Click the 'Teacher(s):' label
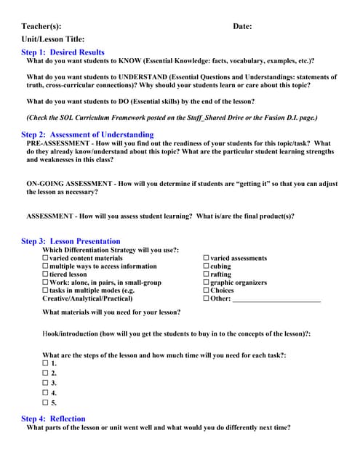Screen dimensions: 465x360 pyautogui.click(x=41, y=27)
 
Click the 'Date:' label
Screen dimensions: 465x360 pyautogui.click(x=242, y=27)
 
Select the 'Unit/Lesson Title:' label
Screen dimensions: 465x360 pyautogui.click(x=53, y=39)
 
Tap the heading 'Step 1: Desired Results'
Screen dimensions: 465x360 pyautogui.click(x=63, y=52)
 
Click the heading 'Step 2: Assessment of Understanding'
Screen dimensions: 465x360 pyautogui.click(x=87, y=134)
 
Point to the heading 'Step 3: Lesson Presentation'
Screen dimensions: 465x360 pyautogui.click(x=71, y=241)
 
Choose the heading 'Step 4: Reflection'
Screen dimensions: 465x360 pyautogui.click(x=53, y=418)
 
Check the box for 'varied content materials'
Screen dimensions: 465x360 pyautogui.click(x=46, y=258)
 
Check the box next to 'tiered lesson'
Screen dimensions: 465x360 pyautogui.click(x=46, y=275)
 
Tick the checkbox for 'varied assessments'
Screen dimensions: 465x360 pyautogui.click(x=207, y=258)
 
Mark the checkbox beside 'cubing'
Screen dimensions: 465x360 pyautogui.click(x=207, y=267)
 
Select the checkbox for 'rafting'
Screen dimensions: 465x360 pyautogui.click(x=207, y=275)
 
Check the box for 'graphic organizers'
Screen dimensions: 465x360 pyautogui.click(x=207, y=283)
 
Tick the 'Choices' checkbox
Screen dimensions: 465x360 pyautogui.click(x=207, y=291)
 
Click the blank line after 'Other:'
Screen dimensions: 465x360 pyautogui.click(x=276, y=299)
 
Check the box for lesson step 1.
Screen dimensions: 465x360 pyautogui.click(x=46, y=363)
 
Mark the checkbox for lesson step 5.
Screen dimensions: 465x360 pyautogui.click(x=46, y=402)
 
